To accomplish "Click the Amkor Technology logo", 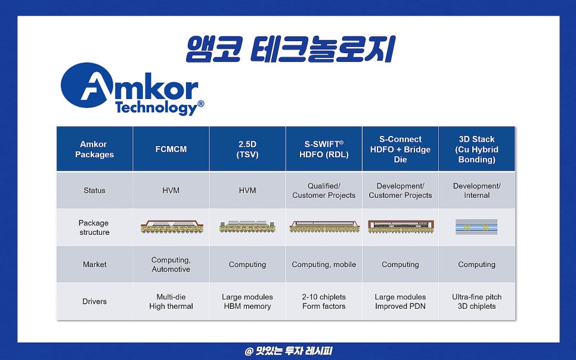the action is pyautogui.click(x=132, y=89).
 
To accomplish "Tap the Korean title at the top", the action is pyautogui.click(x=290, y=49).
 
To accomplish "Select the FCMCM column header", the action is pyautogui.click(x=171, y=149).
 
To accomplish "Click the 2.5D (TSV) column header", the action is pyautogui.click(x=247, y=149).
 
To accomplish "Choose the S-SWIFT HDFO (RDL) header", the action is pyautogui.click(x=324, y=149).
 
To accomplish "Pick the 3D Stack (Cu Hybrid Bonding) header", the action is pyautogui.click(x=476, y=149).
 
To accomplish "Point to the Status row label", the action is pyautogui.click(x=94, y=190).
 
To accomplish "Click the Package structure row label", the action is pyautogui.click(x=94, y=228).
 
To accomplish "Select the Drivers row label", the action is pyautogui.click(x=94, y=301).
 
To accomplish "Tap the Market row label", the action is pyautogui.click(x=94, y=264).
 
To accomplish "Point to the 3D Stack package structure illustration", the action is pyautogui.click(x=476, y=227).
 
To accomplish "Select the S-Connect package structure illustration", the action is pyautogui.click(x=401, y=226).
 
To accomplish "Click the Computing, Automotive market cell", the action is pyautogui.click(x=171, y=265).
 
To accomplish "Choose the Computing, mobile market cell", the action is pyautogui.click(x=324, y=265).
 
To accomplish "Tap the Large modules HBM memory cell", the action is pyautogui.click(x=247, y=302).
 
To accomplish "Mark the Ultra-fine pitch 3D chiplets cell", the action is pyautogui.click(x=476, y=302).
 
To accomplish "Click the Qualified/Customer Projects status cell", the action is pyautogui.click(x=324, y=191).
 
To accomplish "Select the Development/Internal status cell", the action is pyautogui.click(x=476, y=191).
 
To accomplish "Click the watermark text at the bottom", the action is pyautogui.click(x=289, y=351).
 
